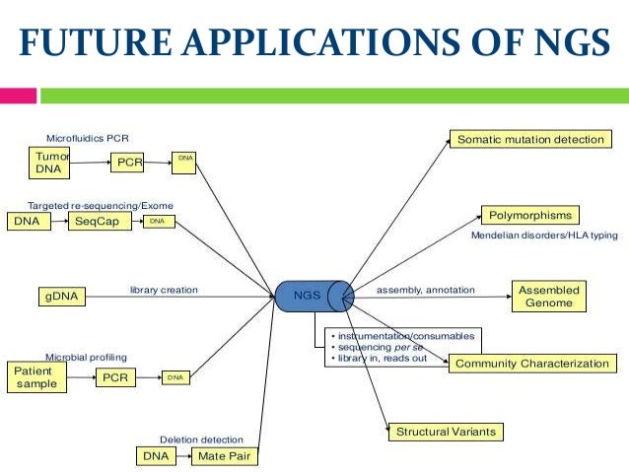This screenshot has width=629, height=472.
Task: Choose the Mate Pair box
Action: pos(221,456)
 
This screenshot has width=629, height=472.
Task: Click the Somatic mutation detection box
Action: pos(528,140)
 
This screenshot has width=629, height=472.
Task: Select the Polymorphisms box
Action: pos(528,215)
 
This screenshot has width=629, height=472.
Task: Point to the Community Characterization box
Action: pos(531,364)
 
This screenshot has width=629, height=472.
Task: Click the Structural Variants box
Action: pos(445,432)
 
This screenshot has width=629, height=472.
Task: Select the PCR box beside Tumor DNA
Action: pos(128,162)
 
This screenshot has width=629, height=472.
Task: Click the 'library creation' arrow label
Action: pos(164,290)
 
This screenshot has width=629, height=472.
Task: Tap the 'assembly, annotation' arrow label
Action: pos(425,290)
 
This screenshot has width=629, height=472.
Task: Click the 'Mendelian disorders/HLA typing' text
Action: pos(543,236)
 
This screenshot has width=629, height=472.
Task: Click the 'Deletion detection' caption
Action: pos(201,439)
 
